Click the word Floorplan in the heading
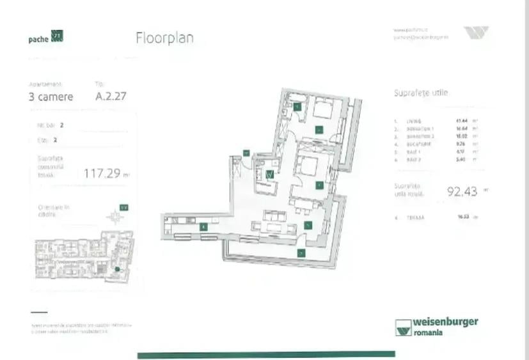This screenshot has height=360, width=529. coord(164,38)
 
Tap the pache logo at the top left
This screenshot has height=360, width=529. coord(45,37)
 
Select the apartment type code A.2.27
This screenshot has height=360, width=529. coord(109,97)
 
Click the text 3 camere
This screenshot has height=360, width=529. coord(51,97)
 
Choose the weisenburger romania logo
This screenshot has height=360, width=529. coord(436,326)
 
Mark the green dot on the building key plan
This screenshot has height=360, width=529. coord(116,269)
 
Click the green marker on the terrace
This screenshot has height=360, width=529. coord(301,253)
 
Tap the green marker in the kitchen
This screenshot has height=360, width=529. coord(203,226)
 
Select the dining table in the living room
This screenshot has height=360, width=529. coord(304,208)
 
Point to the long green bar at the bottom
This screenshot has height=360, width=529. coord(266,354)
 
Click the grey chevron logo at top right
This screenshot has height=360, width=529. coord(476,33)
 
